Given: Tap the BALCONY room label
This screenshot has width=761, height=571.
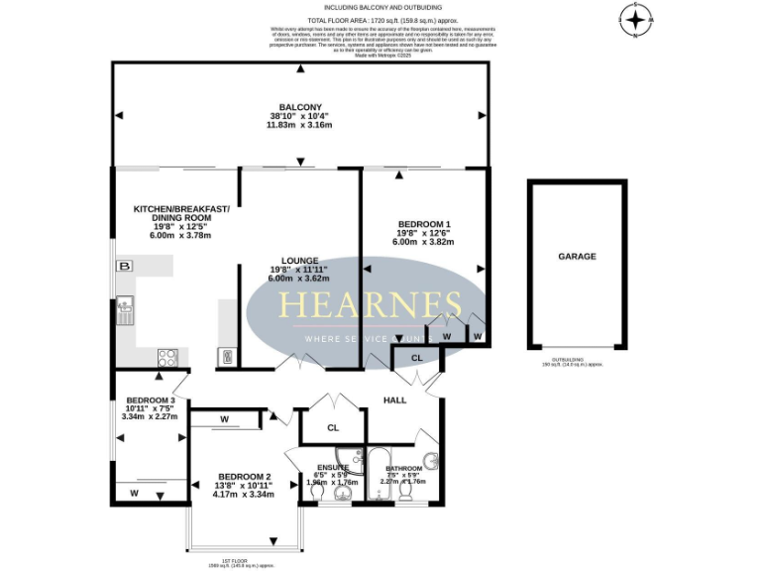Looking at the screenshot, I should (299, 107).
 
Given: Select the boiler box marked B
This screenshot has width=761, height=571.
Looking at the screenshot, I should (125, 267).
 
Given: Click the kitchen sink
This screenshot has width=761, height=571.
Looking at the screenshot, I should (126, 312).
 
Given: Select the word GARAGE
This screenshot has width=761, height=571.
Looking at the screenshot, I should (577, 256).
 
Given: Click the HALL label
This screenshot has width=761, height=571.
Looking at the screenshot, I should (395, 400).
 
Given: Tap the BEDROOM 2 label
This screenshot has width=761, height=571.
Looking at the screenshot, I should (244, 476).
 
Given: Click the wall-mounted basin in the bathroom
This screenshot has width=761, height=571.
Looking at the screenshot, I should (433, 462).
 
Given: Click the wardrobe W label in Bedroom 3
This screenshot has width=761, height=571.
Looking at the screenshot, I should (134, 493).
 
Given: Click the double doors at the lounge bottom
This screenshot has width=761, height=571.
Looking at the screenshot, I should (301, 362).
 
